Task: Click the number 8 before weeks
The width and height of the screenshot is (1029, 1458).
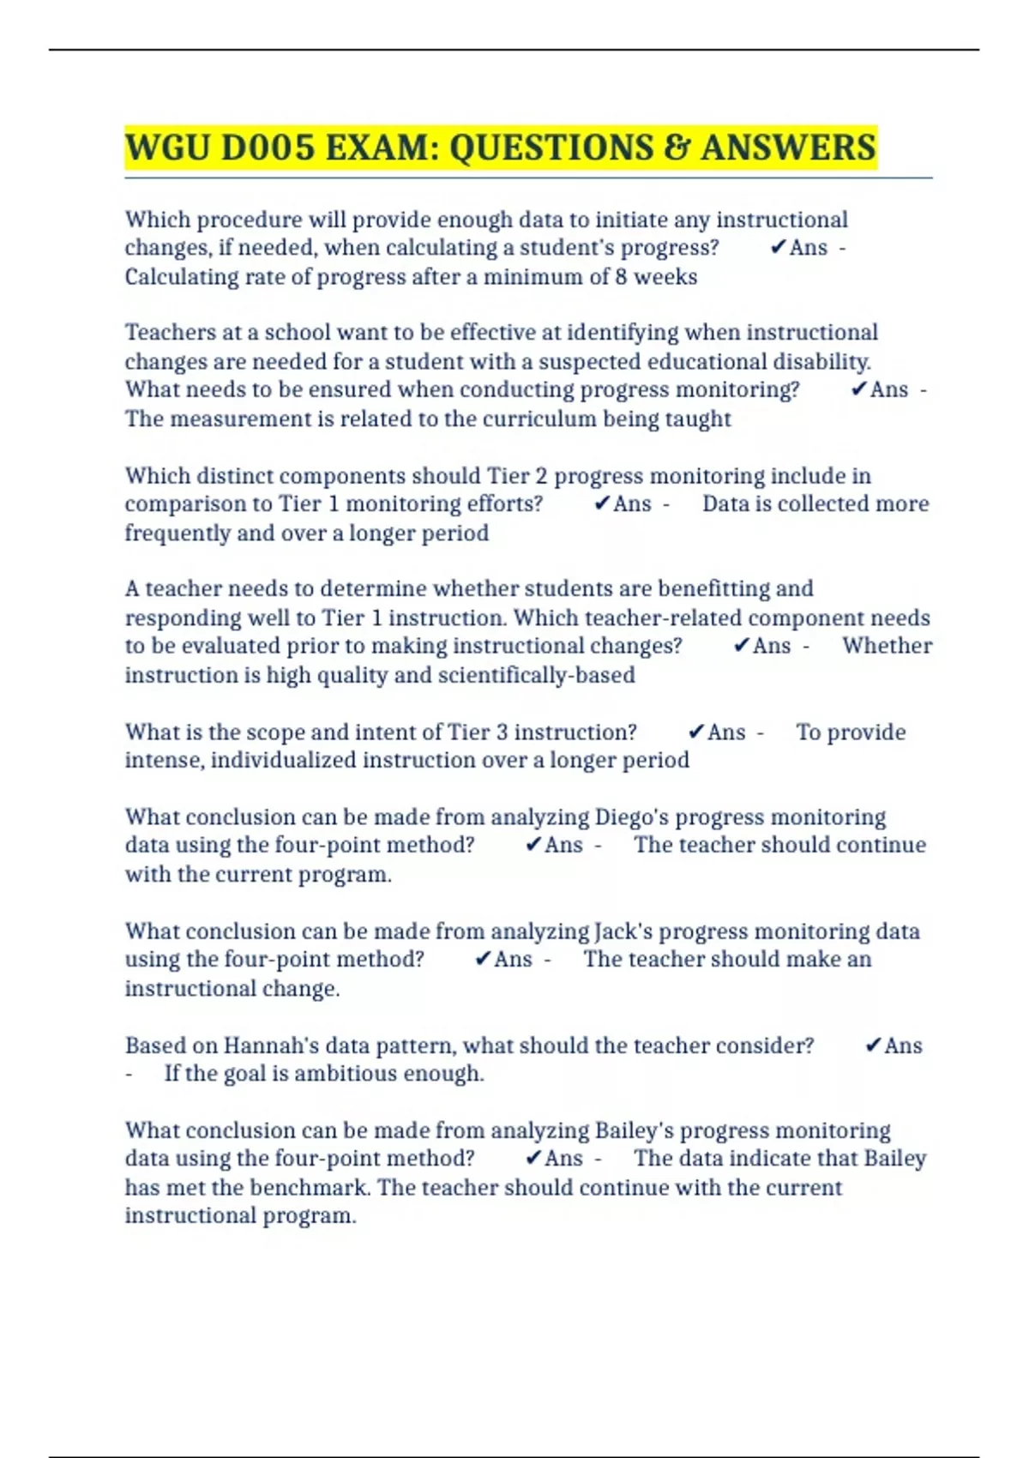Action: pyautogui.click(x=621, y=277)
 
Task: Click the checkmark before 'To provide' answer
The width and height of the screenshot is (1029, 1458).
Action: pyautogui.click(x=695, y=732)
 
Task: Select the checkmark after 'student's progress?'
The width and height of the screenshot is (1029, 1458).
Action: pyautogui.click(x=778, y=247)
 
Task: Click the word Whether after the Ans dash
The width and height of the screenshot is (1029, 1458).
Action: pyautogui.click(x=887, y=646)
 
